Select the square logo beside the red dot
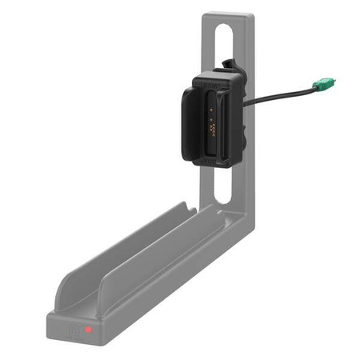[x=74, y=329]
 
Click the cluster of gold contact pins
[x=212, y=126]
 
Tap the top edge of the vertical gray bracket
[x=228, y=14]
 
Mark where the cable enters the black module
[x=243, y=102]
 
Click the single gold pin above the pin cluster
[x=212, y=111]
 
